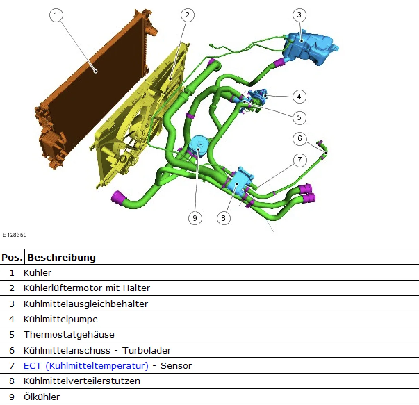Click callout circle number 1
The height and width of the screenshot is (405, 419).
[56, 15]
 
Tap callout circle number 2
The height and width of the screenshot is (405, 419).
[187, 15]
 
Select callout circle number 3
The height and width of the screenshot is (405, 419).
[299, 15]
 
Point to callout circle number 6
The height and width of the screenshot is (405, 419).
[299, 139]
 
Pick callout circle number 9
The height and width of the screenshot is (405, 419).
[195, 218]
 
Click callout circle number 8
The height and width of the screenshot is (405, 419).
[223, 218]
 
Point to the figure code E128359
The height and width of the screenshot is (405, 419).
[15, 235]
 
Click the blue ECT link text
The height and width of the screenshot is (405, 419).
[32, 366]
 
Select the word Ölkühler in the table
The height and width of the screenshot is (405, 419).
[41, 397]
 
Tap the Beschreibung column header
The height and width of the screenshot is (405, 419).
[61, 257]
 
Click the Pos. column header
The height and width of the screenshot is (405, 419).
[12, 257]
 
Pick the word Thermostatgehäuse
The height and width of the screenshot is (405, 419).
[69, 334]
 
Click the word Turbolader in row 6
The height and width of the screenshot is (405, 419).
[147, 350]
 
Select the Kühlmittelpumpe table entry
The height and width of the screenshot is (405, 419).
[60, 319]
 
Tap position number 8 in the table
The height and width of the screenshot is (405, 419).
[12, 381]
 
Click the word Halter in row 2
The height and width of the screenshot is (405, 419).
[138, 288]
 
